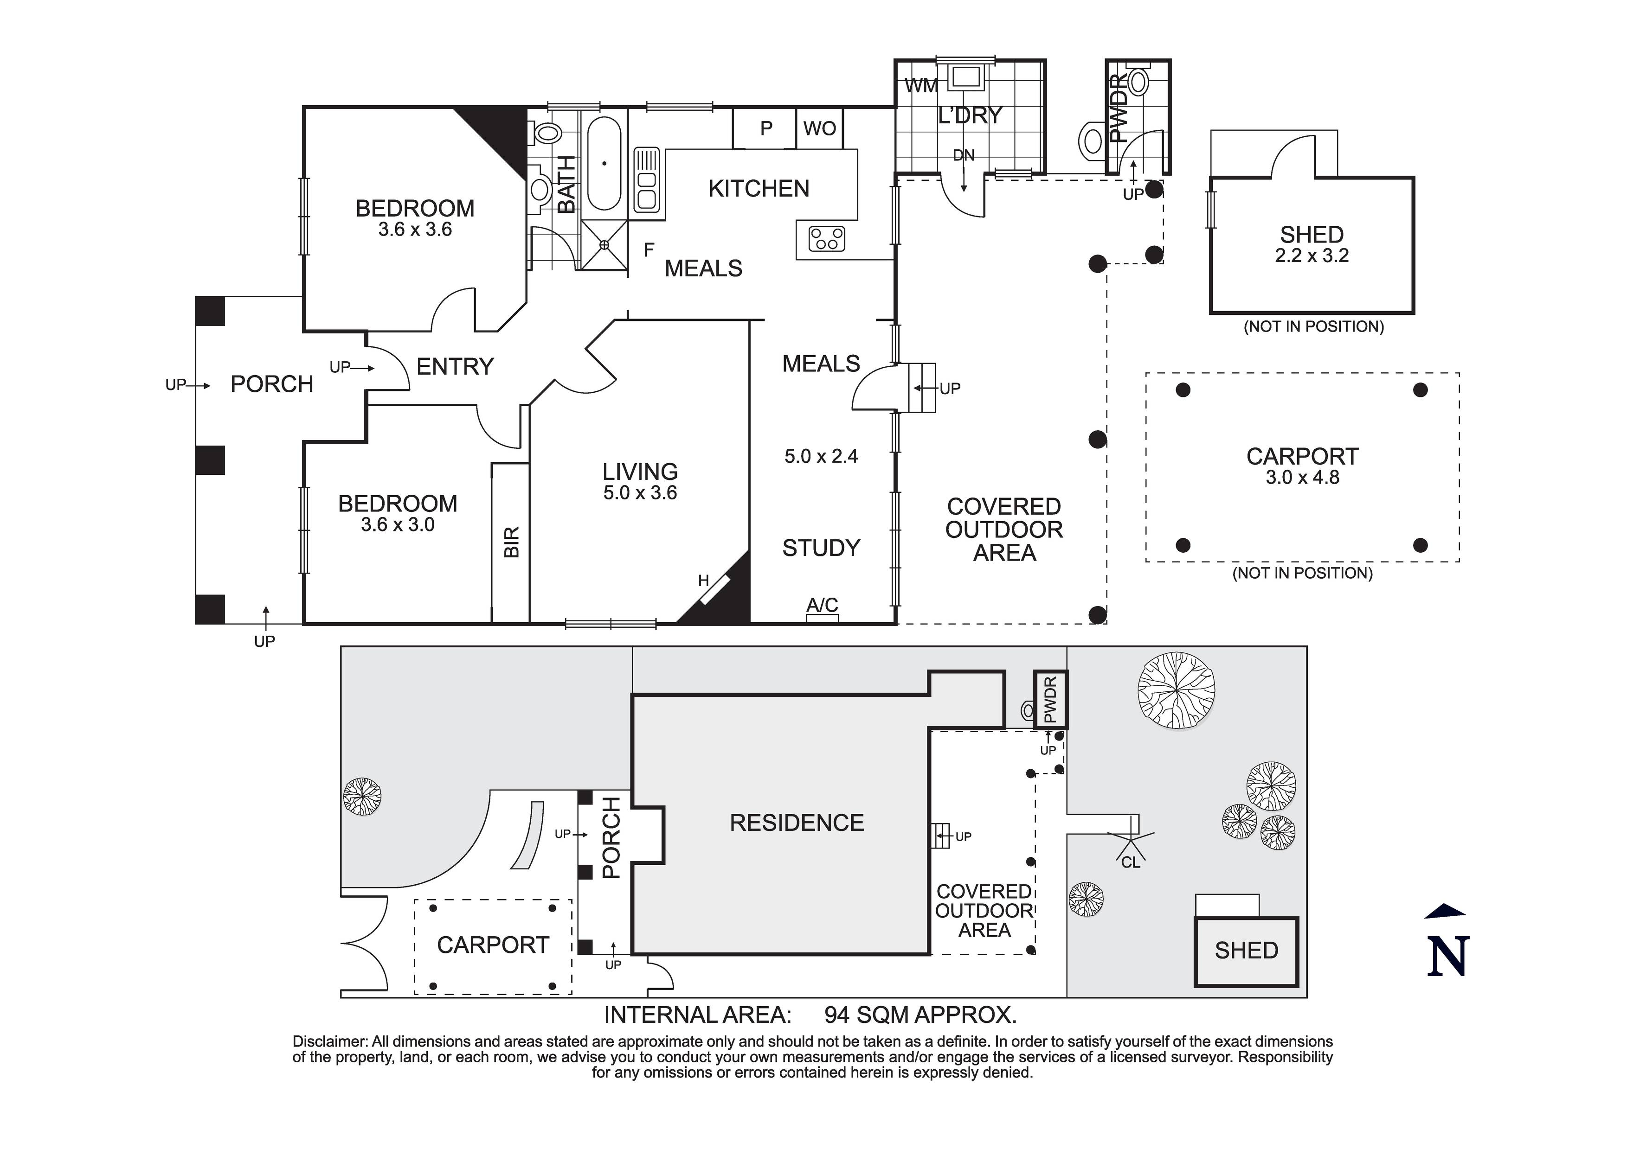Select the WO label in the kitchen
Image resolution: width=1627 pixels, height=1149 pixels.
pyautogui.click(x=819, y=128)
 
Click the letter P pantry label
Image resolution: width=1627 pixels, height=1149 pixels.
pyautogui.click(x=766, y=128)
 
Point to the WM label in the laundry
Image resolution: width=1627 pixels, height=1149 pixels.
pyautogui.click(x=921, y=86)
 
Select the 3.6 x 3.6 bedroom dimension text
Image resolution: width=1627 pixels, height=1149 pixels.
pyautogui.click(x=415, y=230)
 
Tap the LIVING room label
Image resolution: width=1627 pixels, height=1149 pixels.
pyautogui.click(x=640, y=472)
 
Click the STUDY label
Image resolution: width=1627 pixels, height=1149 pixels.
pyautogui.click(x=821, y=548)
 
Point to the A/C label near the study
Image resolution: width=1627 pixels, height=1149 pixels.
pyautogui.click(x=822, y=605)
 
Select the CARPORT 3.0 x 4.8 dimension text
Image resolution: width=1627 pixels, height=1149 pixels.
pyautogui.click(x=1302, y=478)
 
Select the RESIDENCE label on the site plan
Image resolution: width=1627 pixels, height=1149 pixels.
pyautogui.click(x=797, y=823)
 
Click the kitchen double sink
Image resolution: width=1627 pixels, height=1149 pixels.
pyautogui.click(x=646, y=179)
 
